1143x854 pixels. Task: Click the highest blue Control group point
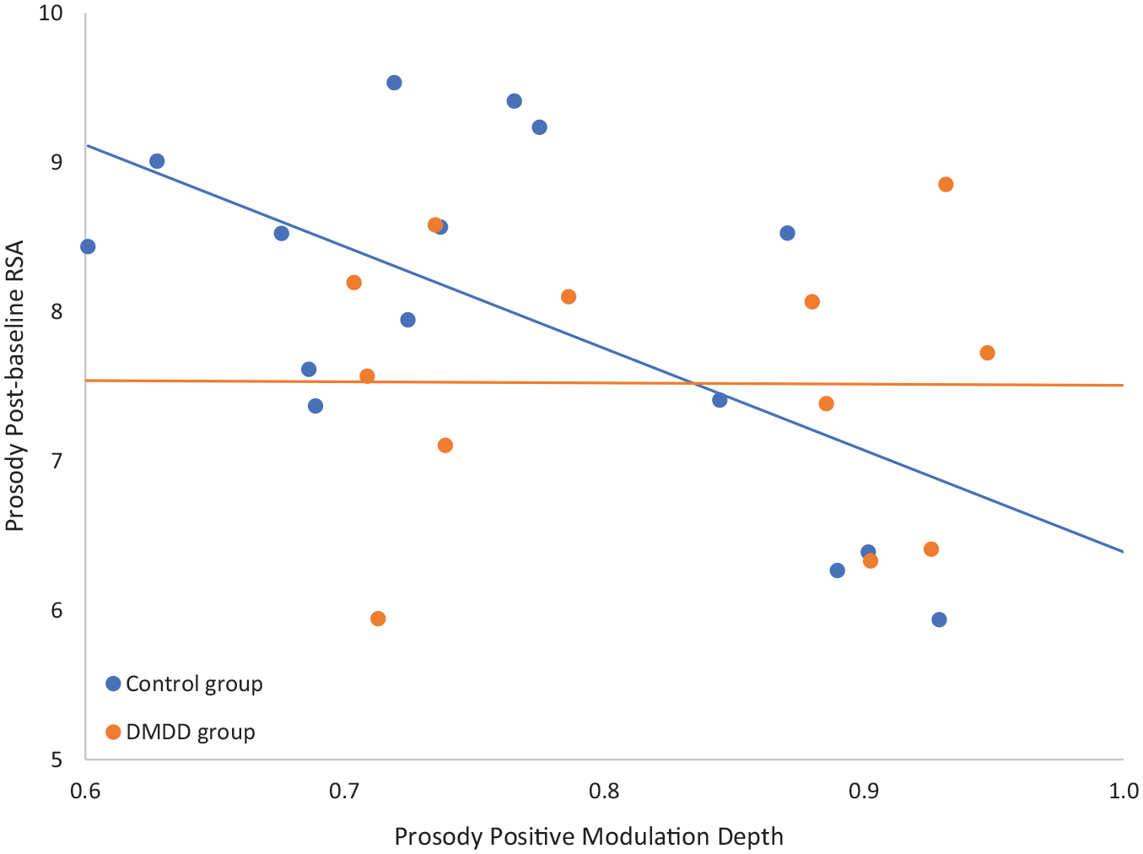(x=394, y=82)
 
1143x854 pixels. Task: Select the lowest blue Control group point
(x=939, y=619)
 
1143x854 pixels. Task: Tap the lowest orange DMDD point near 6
(x=378, y=619)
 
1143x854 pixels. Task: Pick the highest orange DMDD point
(x=946, y=184)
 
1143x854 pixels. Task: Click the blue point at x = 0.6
(x=88, y=246)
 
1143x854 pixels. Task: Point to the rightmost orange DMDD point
(x=987, y=353)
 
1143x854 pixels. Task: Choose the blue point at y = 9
(x=157, y=161)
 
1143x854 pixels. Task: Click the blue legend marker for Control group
(x=113, y=684)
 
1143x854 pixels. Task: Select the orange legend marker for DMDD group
(x=113, y=732)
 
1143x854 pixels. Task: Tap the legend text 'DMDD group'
(x=191, y=732)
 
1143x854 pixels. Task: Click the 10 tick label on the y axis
(x=51, y=13)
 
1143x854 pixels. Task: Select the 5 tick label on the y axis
(x=57, y=759)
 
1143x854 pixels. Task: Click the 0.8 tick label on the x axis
(x=604, y=791)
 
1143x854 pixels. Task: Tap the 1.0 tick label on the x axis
(x=1124, y=791)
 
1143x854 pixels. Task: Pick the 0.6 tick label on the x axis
(x=85, y=791)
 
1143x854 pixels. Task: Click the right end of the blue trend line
(x=1124, y=552)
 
